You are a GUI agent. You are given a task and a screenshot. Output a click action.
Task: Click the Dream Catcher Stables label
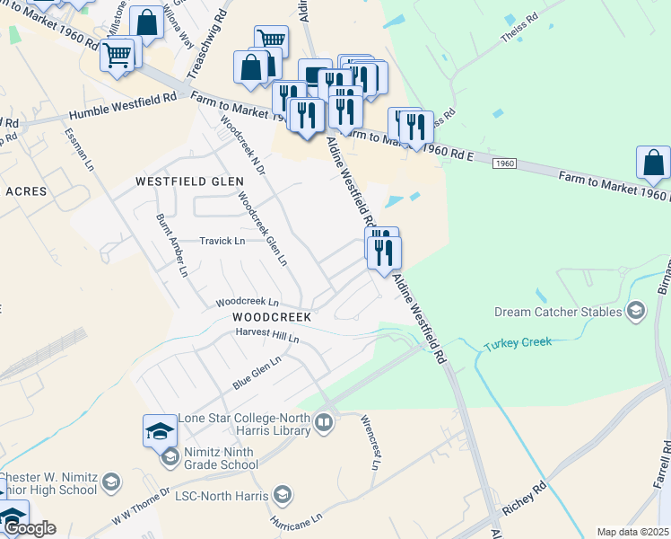pyautogui.click(x=557, y=312)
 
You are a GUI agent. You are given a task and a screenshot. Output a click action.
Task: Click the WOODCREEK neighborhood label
pyautogui.click(x=271, y=317)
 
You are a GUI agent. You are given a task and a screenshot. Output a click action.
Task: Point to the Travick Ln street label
pyautogui.click(x=222, y=241)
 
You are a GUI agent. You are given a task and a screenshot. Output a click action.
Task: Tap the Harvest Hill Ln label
pyautogui.click(x=266, y=334)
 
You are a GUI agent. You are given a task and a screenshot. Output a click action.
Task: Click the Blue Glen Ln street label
pyautogui.click(x=257, y=371)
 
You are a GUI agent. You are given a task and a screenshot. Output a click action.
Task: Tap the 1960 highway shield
pyautogui.click(x=505, y=163)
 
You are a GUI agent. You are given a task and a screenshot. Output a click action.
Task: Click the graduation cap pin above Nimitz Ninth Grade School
pyautogui.click(x=160, y=429)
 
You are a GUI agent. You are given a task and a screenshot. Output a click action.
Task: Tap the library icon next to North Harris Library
pyautogui.click(x=324, y=422)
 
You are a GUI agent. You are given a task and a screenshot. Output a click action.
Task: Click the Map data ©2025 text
pyautogui.click(x=632, y=532)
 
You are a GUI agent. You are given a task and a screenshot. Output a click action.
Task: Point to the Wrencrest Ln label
pyautogui.click(x=370, y=441)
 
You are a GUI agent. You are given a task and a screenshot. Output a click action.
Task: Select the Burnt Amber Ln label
pyautogui.click(x=171, y=244)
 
